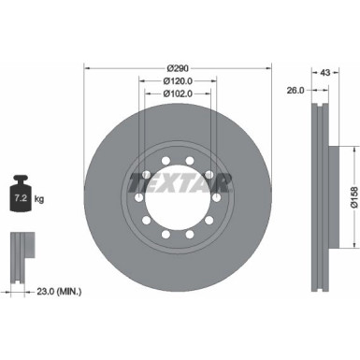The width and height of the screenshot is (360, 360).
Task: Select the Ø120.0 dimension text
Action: pos(177,81)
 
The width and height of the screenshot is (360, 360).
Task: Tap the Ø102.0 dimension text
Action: pos(177,94)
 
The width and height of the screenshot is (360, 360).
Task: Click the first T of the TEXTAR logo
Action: pos(137,180)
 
